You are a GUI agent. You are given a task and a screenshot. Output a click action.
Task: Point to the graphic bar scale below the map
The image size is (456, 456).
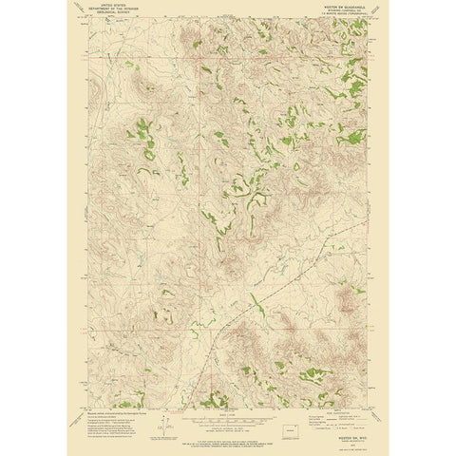coord(228,418)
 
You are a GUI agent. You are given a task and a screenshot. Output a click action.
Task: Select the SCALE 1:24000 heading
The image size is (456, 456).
coord(228,413)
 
